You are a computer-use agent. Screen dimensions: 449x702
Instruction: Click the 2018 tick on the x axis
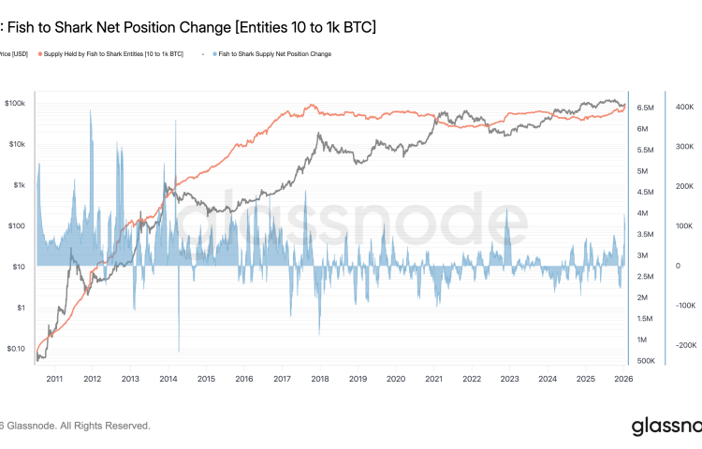(x=319, y=379)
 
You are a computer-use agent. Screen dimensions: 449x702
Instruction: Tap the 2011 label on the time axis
(x=53, y=379)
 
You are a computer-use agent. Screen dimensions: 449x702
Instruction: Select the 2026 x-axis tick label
(x=623, y=379)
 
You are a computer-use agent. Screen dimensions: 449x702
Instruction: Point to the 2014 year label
(x=168, y=379)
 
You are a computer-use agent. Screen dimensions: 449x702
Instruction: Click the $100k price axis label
(x=16, y=103)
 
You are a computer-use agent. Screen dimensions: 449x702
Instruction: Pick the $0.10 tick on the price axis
(x=16, y=348)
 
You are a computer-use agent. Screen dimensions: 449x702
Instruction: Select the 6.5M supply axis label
(x=645, y=108)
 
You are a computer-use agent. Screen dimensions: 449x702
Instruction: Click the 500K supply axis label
(x=645, y=361)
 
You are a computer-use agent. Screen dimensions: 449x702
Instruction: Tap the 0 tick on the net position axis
(x=677, y=267)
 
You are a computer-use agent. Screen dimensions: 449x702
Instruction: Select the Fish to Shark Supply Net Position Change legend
(x=272, y=54)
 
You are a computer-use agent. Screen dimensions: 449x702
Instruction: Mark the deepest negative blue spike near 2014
(x=178, y=350)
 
